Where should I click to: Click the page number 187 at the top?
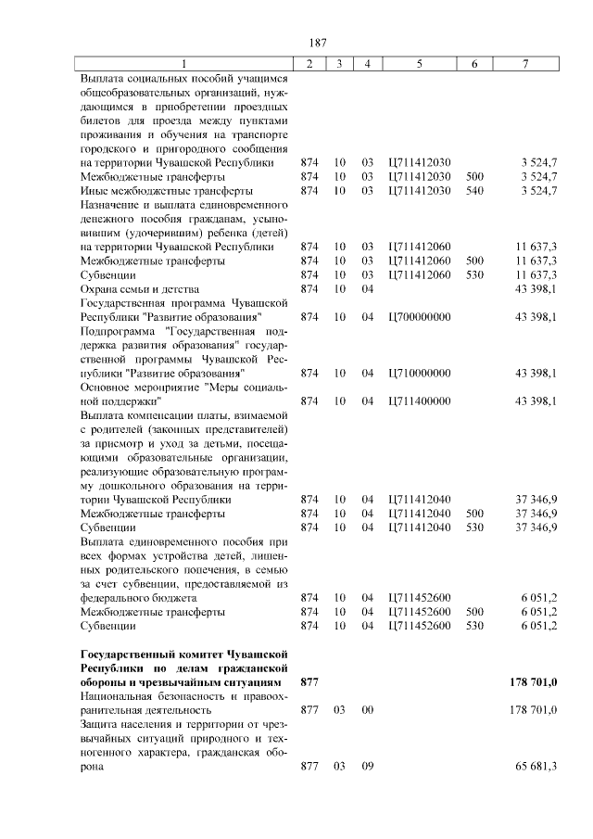point(296,43)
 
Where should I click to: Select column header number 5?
point(420,63)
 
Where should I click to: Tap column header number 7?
point(525,63)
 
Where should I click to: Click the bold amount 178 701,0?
point(533,682)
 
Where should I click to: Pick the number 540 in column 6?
point(474,191)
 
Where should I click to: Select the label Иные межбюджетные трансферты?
point(154,191)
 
